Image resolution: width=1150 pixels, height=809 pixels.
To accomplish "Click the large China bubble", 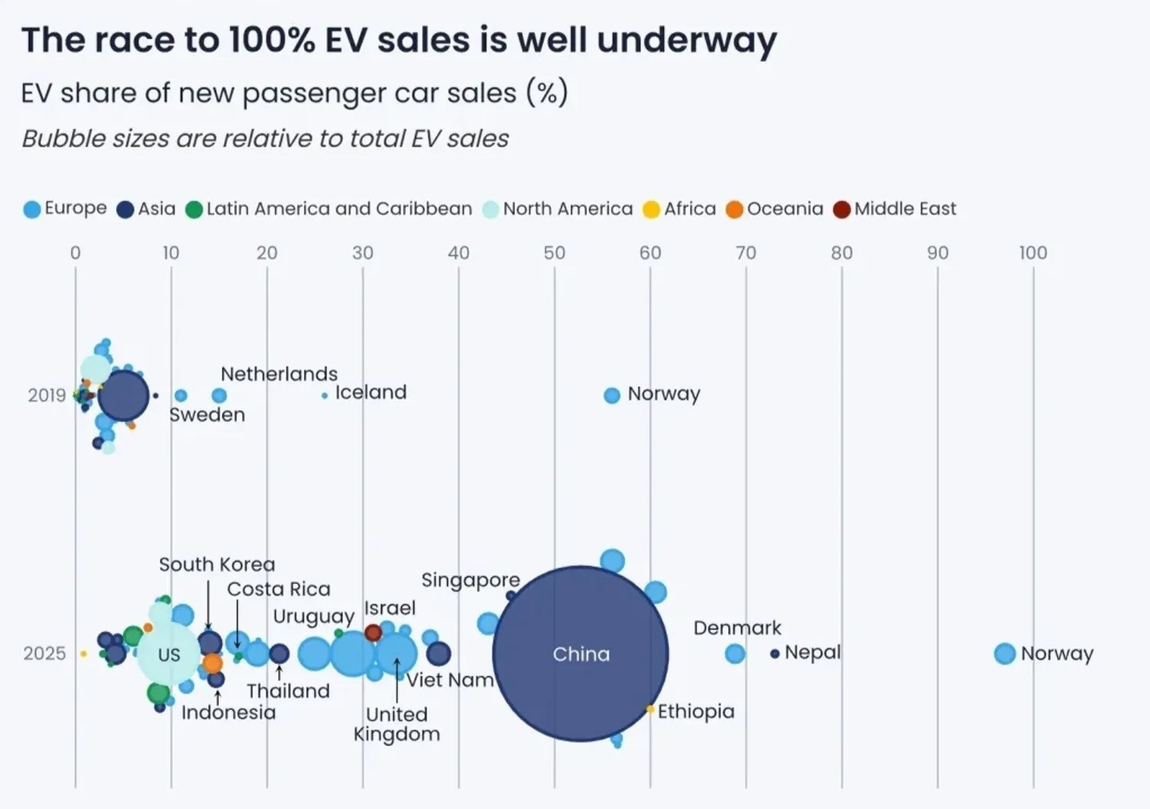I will point(581,654).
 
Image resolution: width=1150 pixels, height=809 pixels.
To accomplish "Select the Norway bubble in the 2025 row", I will point(1005,654).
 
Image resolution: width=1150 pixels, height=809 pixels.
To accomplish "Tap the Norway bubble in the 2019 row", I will point(611,396).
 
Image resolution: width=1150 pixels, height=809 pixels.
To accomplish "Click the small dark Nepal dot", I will point(775,654).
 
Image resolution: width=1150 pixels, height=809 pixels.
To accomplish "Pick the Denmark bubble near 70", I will point(735,654).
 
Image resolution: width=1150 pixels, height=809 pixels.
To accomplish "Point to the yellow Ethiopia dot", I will point(650,709).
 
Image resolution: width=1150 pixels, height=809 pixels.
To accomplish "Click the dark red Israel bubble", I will point(373,633).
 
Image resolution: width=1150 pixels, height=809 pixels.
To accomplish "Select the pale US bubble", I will point(168,655).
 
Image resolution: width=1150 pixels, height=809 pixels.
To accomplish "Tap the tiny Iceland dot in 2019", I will point(325,396).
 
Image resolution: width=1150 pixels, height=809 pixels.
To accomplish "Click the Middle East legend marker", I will point(843,209).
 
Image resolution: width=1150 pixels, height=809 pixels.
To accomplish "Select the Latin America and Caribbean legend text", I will point(339,209).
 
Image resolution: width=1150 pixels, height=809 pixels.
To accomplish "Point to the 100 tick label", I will point(1032,253).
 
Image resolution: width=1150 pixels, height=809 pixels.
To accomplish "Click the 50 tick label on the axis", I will point(554,253).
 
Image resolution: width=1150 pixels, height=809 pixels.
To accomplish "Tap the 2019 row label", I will point(47,396).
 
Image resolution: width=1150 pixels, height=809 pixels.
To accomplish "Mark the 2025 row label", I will point(45,654).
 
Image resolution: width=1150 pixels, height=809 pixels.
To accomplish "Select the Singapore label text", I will point(470,580).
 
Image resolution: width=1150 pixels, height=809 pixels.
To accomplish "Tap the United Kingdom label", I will point(396,724).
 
